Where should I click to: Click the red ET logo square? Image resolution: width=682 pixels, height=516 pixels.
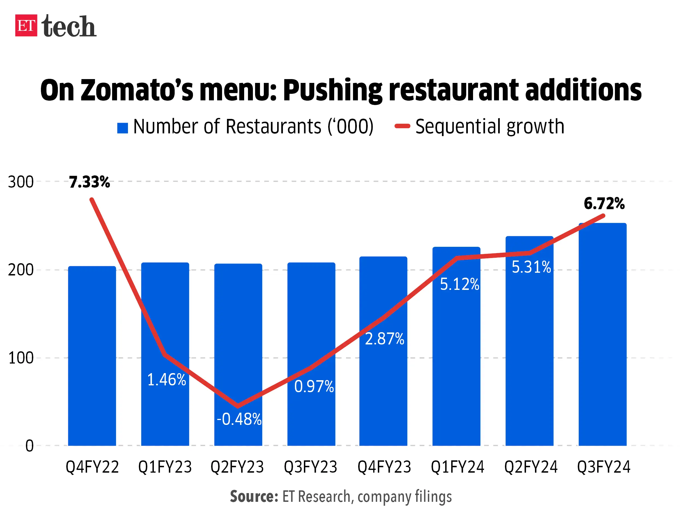pos(26,26)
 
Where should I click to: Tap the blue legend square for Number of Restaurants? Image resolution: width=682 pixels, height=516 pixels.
pos(122,128)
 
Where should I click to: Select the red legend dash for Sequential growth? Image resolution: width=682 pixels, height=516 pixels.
pos(402,126)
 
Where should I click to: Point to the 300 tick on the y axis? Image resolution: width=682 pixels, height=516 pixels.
pos(21,182)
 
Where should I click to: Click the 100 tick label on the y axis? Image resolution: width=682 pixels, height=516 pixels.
pos(21,358)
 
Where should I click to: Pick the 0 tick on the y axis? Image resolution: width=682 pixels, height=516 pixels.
pos(29,446)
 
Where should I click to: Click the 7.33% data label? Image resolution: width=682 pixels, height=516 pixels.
pos(89,182)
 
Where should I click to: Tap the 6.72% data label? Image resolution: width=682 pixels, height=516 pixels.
pos(604,204)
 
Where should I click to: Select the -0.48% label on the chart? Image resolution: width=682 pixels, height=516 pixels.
pos(239,419)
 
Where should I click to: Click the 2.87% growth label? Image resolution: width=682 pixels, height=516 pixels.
pos(384,339)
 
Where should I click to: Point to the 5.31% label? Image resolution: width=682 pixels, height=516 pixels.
pos(531,267)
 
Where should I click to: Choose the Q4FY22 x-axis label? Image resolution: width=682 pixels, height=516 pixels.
pos(92,467)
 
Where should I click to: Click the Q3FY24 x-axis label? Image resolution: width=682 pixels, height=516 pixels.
pos(603,467)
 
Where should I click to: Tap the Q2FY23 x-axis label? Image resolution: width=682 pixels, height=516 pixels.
pos(237,467)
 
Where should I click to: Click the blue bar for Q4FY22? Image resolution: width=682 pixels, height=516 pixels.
pos(92,370)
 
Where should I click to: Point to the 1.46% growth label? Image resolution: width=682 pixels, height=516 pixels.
pos(166,380)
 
